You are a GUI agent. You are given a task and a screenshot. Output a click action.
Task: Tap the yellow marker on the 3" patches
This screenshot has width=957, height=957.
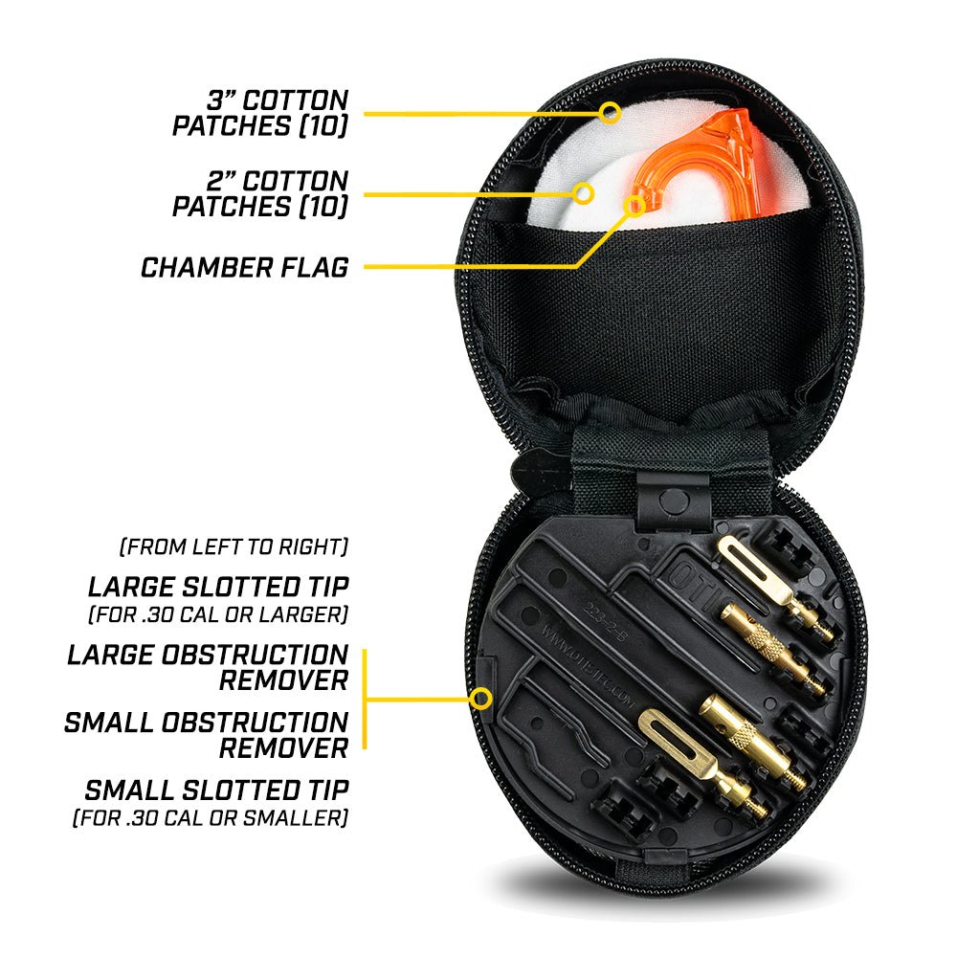(610, 113)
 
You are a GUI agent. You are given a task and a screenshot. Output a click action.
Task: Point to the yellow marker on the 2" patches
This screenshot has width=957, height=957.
(584, 193)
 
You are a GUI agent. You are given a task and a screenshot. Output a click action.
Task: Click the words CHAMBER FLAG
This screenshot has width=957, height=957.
(244, 267)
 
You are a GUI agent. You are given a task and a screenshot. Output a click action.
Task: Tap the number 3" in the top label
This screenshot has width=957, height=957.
(222, 100)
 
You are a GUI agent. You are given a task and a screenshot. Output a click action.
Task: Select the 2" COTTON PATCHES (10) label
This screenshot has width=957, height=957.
(259, 193)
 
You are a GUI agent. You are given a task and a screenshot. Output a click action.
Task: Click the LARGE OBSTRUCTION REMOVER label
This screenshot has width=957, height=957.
(208, 668)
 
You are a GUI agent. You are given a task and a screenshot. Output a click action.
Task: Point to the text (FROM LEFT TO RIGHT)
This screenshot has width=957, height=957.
(234, 547)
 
